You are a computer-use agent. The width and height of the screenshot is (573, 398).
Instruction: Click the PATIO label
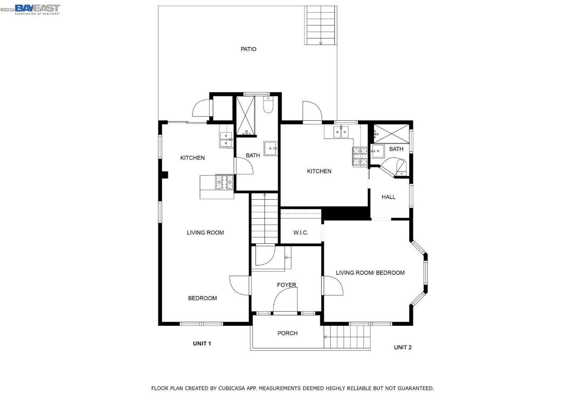[x=248, y=49]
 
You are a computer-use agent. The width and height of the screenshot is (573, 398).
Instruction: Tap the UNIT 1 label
[x=202, y=344]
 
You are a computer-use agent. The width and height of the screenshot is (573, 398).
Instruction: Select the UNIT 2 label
[x=402, y=347]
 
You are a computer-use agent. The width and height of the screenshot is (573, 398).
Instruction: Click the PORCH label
[x=287, y=333]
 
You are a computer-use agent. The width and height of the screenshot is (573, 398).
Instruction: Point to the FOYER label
[x=287, y=285]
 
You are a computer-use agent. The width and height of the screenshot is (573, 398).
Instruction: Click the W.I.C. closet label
[x=300, y=232]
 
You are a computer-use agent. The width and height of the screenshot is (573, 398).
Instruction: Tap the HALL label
[x=388, y=197]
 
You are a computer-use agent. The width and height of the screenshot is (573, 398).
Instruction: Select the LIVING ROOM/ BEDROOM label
[x=370, y=273]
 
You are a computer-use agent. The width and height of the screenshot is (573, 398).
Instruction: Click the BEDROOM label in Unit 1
[x=202, y=298]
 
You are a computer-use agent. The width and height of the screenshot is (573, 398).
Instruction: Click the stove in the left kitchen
[x=224, y=182]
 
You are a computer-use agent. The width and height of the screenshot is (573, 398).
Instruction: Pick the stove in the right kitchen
[x=360, y=156]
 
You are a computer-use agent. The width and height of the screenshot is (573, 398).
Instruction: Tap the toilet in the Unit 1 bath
[x=268, y=105]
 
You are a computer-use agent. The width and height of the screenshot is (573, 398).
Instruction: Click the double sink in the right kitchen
[x=341, y=132]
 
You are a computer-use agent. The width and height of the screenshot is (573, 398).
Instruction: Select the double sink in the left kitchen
[x=226, y=140]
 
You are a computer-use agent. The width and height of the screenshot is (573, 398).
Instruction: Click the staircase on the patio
[x=320, y=25]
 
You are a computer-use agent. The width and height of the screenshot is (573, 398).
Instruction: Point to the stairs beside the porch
[x=347, y=337]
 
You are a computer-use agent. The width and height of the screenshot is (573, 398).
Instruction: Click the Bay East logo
[x=37, y=9]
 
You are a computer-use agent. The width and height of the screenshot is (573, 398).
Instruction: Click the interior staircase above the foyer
[x=264, y=218]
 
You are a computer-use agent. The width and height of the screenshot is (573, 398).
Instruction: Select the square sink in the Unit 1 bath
[x=270, y=148]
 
